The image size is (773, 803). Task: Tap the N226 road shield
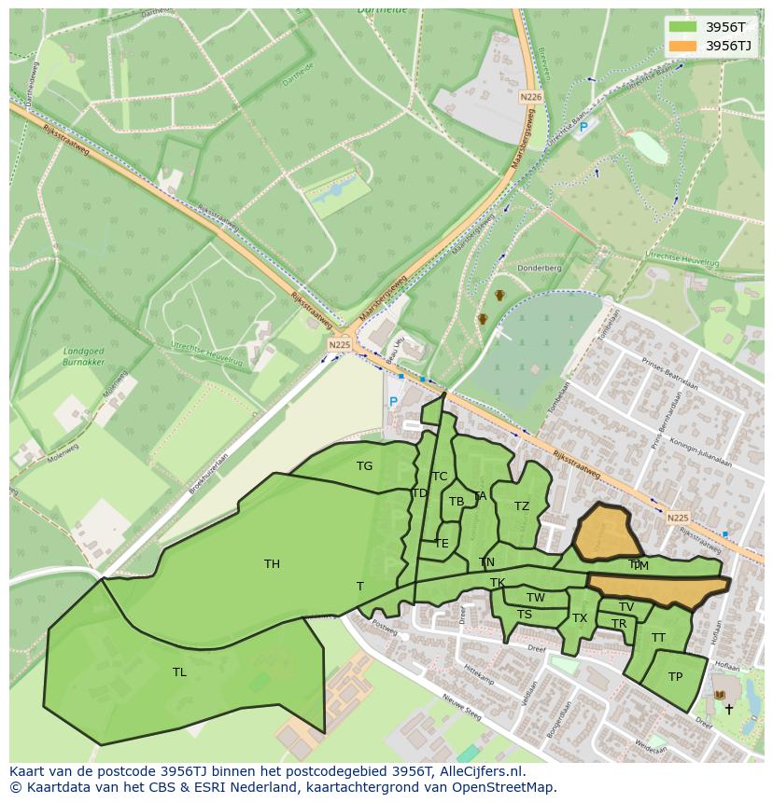tap(530, 97)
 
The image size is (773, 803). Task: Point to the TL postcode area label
tap(179, 671)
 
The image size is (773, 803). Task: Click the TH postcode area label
tap(272, 563)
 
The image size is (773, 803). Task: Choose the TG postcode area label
tap(364, 466)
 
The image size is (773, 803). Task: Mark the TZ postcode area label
tap(521, 506)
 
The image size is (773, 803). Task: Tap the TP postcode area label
tap(675, 677)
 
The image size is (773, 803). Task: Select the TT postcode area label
tap(658, 638)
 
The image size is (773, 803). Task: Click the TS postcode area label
tap(525, 615)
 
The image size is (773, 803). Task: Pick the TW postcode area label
tap(535, 598)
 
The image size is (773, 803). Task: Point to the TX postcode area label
tap(580, 618)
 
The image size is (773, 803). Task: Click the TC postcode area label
tap(440, 477)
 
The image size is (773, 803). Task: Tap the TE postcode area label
tap(442, 543)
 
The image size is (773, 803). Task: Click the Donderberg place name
tap(539, 268)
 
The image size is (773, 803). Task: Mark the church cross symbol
tap(729, 709)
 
